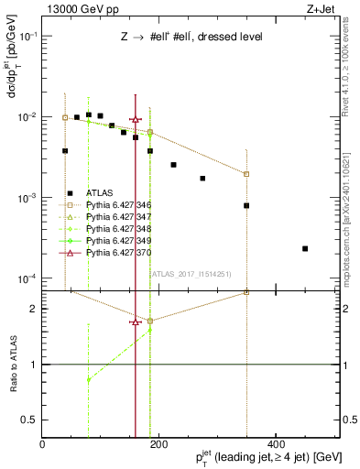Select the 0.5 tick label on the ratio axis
pyautogui.click(x=29, y=420)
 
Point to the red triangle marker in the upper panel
pyautogui.click(x=136, y=119)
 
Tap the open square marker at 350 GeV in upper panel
pyautogui.click(x=246, y=174)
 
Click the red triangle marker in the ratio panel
pyautogui.click(x=136, y=322)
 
